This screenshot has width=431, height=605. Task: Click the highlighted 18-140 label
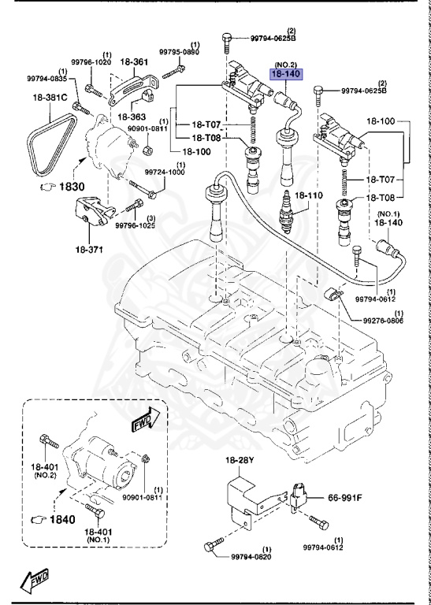pos(287,74)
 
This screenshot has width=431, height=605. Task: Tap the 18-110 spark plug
pos(287,212)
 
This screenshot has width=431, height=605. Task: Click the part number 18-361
pos(134,61)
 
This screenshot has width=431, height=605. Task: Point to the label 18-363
pos(131,117)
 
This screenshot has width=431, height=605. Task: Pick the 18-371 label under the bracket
pos(89,250)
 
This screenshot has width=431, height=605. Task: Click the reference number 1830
pos(72,187)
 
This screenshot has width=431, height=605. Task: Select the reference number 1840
pos(61,520)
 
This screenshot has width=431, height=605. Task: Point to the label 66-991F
pos(344,498)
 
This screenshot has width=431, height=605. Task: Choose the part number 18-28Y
pos(240,460)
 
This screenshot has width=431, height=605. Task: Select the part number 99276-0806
pos(383,321)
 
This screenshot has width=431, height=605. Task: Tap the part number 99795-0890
pos(180,52)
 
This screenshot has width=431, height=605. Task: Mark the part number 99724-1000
pos(165,172)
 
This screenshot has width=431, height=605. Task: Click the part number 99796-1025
pos(135,225)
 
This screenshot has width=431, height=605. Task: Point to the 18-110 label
pos(309,195)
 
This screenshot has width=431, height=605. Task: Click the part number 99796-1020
pos(91,62)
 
